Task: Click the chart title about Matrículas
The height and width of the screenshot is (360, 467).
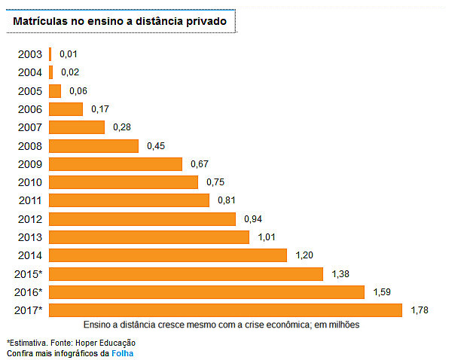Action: (120, 22)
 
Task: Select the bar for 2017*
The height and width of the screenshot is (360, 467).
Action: (225, 310)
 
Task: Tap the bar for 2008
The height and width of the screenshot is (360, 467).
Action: (93, 145)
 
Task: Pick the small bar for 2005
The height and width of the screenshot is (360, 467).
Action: (55, 91)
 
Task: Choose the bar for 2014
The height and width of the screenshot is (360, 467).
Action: (167, 255)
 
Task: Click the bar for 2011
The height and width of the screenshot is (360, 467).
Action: (129, 200)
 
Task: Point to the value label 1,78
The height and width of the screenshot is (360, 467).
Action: (420, 310)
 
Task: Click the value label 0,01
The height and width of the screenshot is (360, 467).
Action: (69, 54)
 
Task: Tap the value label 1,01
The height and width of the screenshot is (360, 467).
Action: (266, 237)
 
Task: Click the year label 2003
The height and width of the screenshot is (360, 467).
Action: (30, 54)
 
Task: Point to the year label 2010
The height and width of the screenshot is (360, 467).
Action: (30, 182)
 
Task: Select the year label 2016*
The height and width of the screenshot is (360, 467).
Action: (29, 292)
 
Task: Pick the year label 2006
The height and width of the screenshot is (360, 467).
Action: (30, 109)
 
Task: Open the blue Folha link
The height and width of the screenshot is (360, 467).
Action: (122, 352)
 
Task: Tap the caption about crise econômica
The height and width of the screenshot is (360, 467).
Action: (221, 325)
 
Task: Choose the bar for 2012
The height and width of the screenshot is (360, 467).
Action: (142, 218)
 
